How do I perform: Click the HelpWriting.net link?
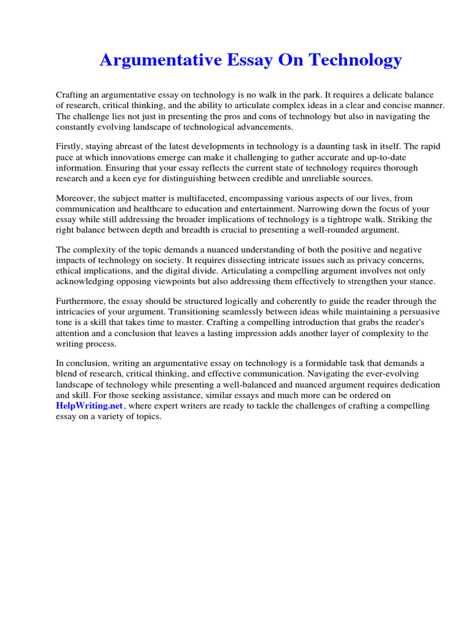click(90, 406)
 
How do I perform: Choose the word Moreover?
click(76, 198)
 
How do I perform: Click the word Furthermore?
click(81, 302)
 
